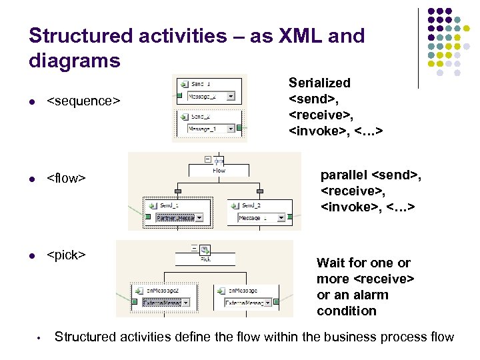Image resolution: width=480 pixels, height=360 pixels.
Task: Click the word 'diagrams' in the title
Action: click(75, 61)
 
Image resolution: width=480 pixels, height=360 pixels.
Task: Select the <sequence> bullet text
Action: click(83, 101)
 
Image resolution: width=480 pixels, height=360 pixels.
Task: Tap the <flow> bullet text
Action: click(67, 179)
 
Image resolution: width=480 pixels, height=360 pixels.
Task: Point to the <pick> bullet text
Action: click(66, 255)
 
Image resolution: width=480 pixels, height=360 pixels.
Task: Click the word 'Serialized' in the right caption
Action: click(319, 83)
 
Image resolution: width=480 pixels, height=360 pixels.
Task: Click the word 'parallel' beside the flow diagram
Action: click(343, 175)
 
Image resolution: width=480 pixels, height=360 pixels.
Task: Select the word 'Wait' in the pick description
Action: click(331, 263)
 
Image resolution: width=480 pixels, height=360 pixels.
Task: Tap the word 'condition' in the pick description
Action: click(347, 311)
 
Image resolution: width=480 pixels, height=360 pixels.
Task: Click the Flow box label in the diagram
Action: click(219, 170)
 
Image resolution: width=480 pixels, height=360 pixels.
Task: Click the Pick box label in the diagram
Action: click(206, 260)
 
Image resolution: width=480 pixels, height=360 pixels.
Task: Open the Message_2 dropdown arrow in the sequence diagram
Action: click(231, 96)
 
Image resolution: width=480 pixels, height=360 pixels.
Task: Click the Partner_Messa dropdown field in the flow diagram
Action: click(175, 218)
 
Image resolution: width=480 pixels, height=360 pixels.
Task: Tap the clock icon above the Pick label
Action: click(205, 251)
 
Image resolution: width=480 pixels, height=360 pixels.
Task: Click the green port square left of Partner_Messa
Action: click(147, 217)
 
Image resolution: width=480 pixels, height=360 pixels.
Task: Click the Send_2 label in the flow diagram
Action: click(253, 205)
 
